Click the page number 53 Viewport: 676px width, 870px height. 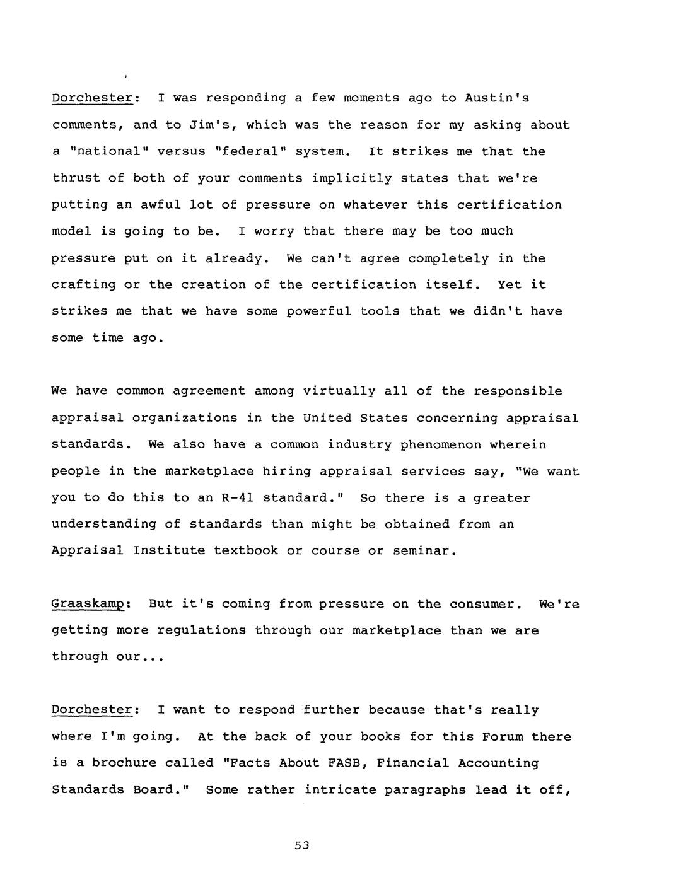click(x=302, y=845)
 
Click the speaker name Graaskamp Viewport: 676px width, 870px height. click(x=89, y=604)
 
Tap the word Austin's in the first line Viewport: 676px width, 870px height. click(x=497, y=98)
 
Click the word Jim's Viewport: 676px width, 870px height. click(x=213, y=125)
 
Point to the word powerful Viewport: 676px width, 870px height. click(x=319, y=311)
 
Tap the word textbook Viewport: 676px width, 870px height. click(x=246, y=550)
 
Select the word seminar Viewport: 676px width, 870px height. click(x=421, y=550)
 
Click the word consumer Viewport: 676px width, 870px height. click(x=486, y=604)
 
